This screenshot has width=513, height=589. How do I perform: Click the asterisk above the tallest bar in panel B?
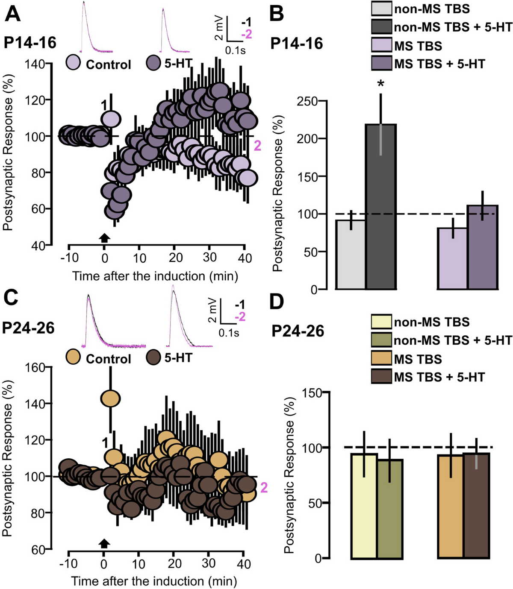(380, 83)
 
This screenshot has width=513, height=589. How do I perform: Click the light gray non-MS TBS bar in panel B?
(351, 255)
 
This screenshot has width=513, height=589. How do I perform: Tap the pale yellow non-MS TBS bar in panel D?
(364, 506)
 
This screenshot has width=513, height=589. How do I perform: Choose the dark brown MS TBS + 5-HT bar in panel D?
(476, 506)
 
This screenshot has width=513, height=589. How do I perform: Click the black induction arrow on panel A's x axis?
(104, 238)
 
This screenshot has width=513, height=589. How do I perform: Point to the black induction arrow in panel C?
(104, 543)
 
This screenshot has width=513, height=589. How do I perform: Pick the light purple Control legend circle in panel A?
(73, 62)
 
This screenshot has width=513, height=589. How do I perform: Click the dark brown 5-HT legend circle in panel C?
(153, 357)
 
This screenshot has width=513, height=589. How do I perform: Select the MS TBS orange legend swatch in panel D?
(381, 359)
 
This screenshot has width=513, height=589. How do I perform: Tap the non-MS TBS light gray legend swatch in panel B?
(381, 9)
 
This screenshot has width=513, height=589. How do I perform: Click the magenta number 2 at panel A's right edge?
(257, 146)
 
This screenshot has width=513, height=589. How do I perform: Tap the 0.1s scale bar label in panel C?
(229, 332)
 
